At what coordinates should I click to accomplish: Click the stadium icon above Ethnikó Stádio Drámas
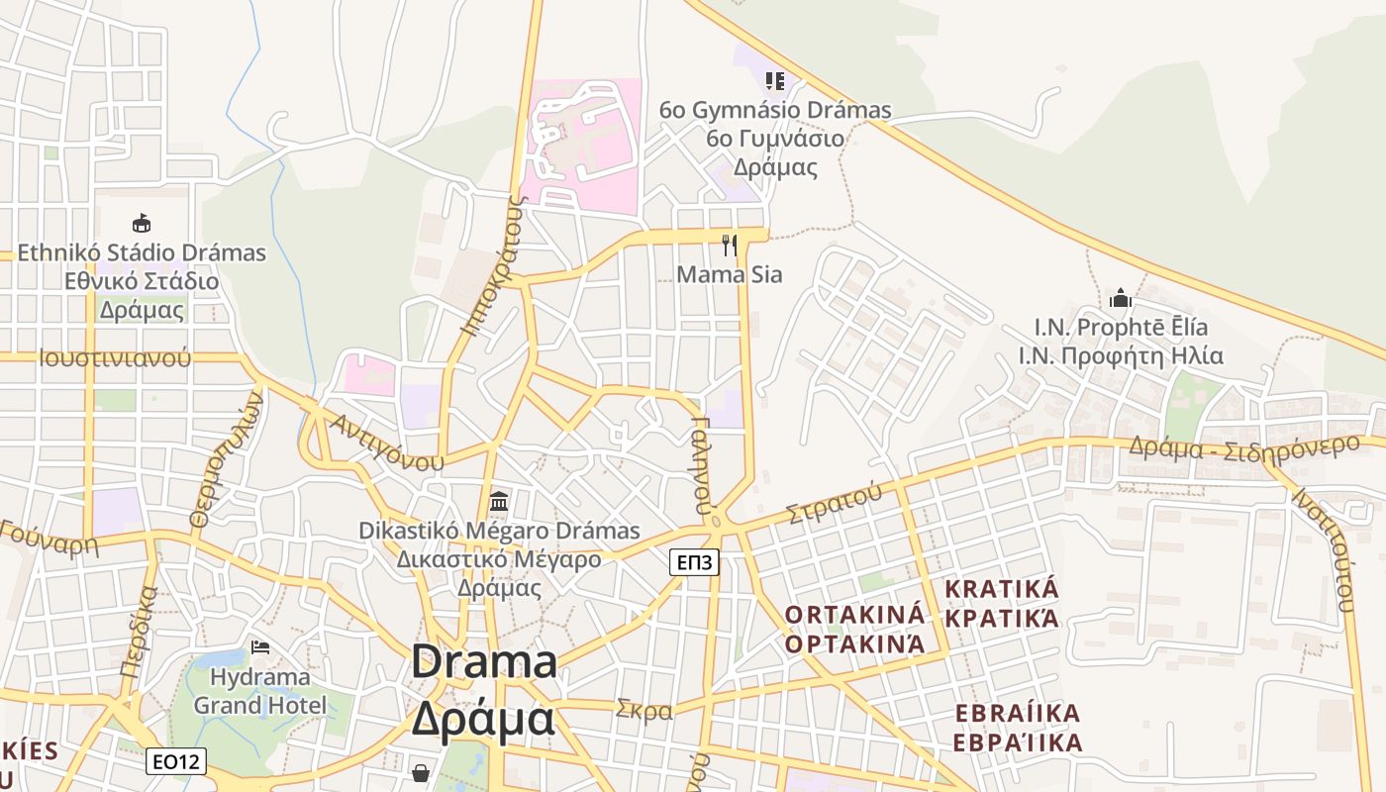point(142,223)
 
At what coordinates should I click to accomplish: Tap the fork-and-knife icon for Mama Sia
point(730,245)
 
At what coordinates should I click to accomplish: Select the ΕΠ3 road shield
point(694,562)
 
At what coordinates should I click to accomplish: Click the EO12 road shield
point(176,761)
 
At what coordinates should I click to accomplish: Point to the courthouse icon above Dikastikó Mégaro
point(499,501)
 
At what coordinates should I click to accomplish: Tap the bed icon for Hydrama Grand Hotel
point(260,647)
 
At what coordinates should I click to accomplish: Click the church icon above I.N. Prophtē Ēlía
point(1121,296)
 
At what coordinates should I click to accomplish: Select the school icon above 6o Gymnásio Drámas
point(775,80)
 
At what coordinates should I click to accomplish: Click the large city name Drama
point(484,661)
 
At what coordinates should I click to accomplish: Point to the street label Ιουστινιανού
point(115,358)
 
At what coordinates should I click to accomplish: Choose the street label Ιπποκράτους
point(492,265)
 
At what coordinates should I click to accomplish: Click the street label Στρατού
point(833,502)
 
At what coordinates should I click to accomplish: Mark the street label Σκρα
point(643,710)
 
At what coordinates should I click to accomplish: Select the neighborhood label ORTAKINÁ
point(854,614)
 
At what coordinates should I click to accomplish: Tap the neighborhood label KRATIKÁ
point(1002,589)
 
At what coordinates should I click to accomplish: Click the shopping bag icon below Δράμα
point(421,771)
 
